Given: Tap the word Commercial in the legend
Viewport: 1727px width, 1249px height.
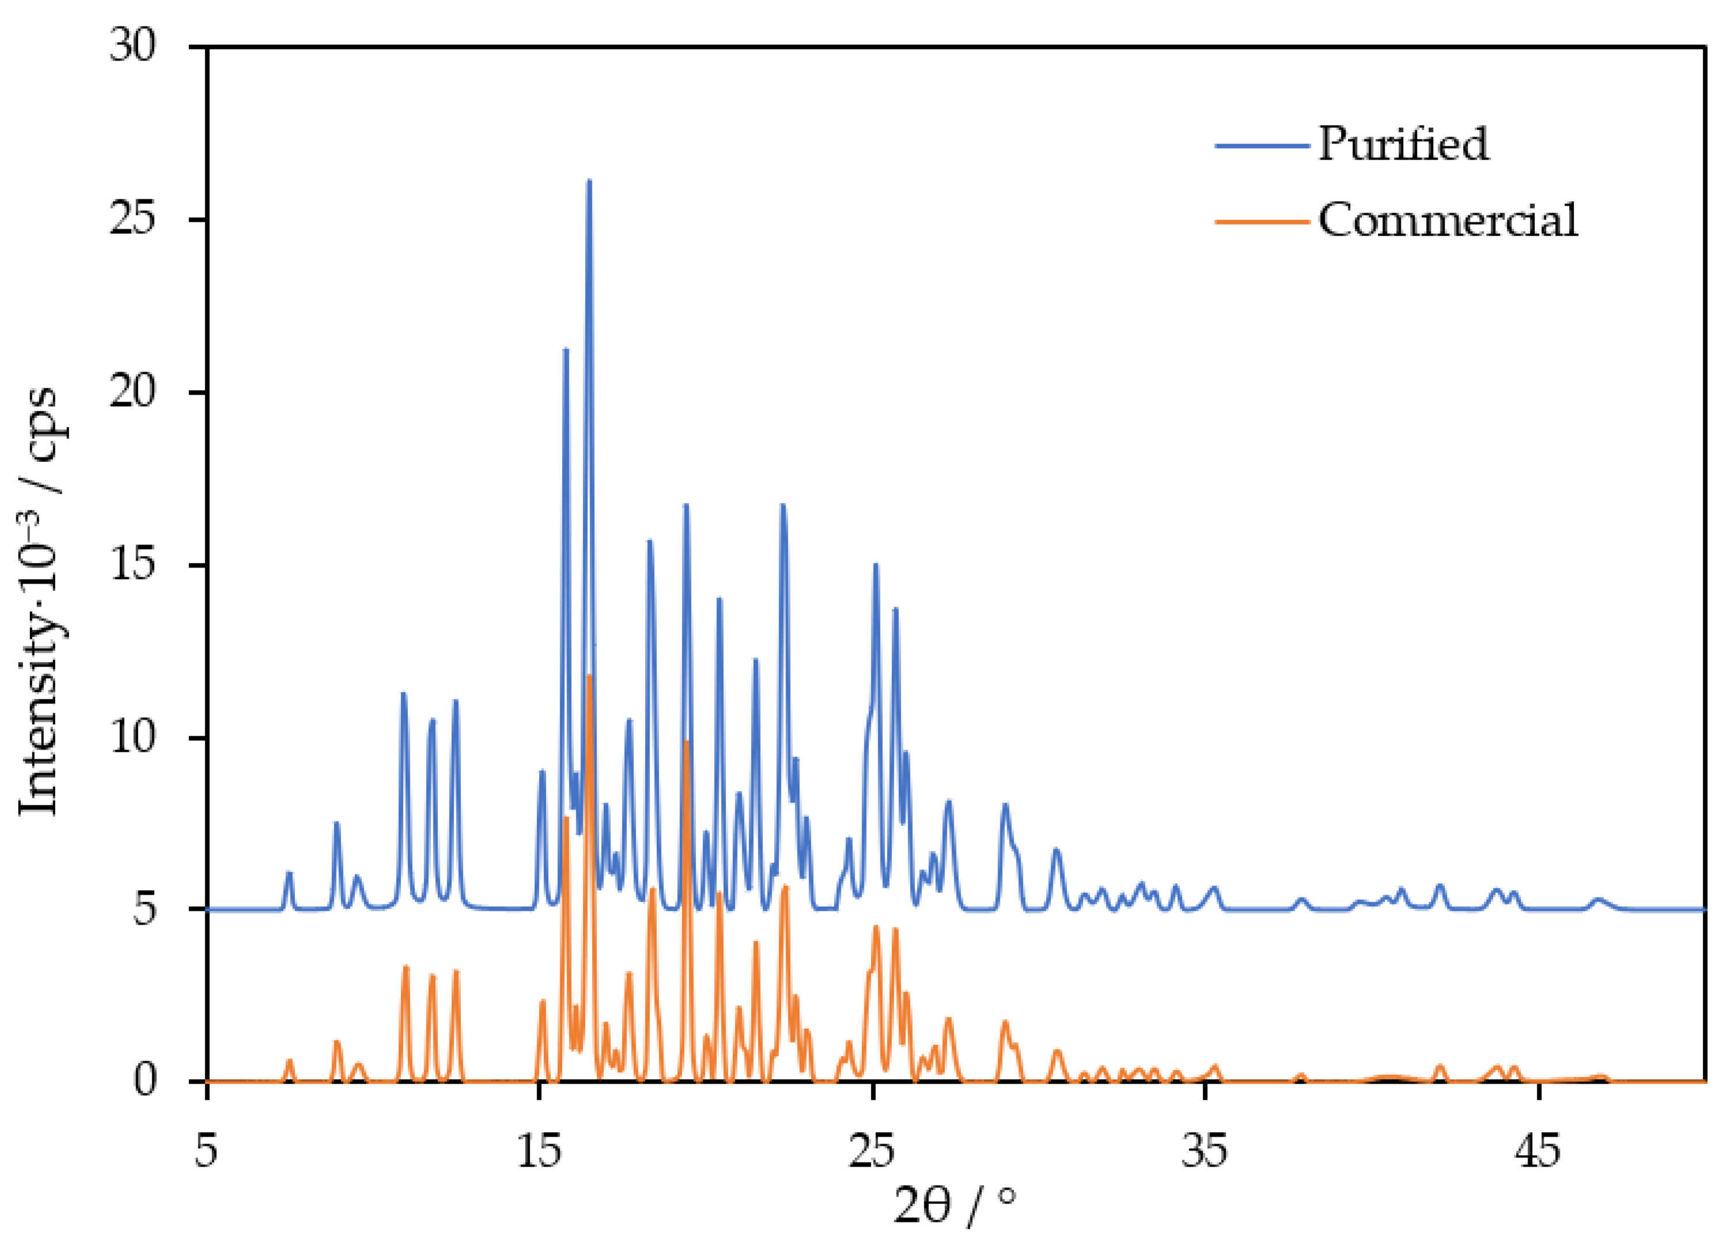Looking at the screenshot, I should pyautogui.click(x=1448, y=221).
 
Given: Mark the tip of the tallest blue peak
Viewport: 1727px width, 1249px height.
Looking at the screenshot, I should pyautogui.click(x=588, y=181).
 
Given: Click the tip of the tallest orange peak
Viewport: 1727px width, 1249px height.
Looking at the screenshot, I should pyautogui.click(x=589, y=676).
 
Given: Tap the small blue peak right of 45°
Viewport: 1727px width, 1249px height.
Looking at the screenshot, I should pyautogui.click(x=1597, y=900).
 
